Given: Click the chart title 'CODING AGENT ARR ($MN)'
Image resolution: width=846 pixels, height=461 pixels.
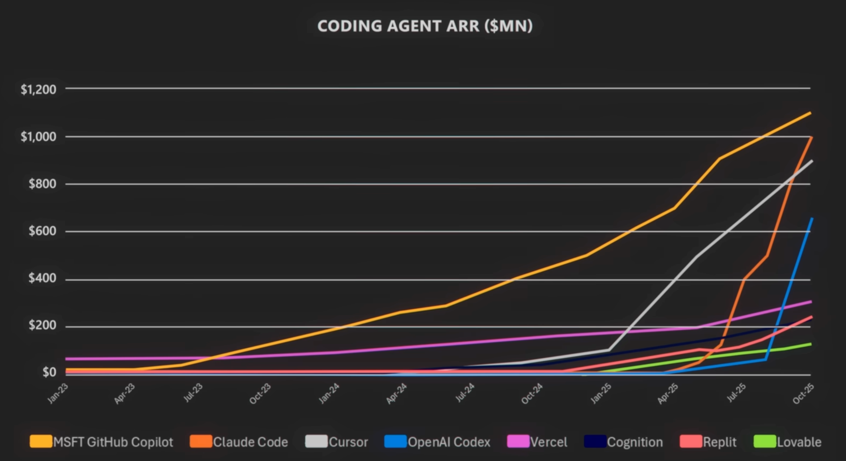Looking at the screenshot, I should coord(425,26).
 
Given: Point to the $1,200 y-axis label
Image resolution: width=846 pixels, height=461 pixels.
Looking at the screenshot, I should coord(38,89).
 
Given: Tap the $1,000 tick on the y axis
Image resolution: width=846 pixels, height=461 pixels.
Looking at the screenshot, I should coord(38,137).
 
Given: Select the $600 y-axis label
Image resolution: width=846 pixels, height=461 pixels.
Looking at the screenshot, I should coord(42,231).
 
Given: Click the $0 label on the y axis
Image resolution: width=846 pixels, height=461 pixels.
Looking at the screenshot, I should coord(49,372).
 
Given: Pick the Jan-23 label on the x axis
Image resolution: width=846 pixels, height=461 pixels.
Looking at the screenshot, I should coord(58,394).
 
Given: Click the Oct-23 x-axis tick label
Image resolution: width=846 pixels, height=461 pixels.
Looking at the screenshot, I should coord(260,394).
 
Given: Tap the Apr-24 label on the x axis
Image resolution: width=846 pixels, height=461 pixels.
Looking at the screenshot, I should coord(396,394).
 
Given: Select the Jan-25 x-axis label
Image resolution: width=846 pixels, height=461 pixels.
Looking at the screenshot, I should coord(601,394).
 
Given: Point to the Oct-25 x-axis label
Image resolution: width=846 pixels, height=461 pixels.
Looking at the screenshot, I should coord(803,394).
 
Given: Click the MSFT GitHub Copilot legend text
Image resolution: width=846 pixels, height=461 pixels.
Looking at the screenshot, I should coord(113,442).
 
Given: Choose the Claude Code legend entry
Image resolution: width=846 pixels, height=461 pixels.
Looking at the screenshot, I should coord(250,442).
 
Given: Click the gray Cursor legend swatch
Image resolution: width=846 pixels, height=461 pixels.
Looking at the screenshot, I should coord(316,441).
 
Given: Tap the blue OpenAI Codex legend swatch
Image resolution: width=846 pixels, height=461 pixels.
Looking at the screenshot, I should coord(395,441).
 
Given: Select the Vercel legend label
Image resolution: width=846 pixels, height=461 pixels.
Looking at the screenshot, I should coord(548,442).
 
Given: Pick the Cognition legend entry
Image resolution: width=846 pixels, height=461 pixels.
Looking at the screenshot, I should coord(635,442).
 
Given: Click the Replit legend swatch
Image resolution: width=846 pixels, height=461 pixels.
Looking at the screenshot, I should coord(690,441).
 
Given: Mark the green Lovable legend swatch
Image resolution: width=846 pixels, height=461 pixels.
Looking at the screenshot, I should coord(765,441).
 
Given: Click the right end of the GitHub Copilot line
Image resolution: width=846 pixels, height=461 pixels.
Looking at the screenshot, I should coord(810,113).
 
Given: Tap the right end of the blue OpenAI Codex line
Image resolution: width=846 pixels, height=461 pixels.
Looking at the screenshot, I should coord(812,219).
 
